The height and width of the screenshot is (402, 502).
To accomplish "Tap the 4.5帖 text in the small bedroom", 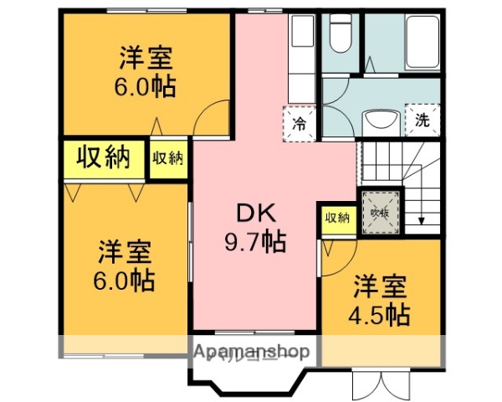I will [379, 316].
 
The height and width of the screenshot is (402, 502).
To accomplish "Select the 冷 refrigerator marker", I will [299, 124].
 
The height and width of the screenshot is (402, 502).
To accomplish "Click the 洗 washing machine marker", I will [423, 120].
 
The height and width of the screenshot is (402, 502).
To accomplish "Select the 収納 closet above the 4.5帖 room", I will [337, 218].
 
